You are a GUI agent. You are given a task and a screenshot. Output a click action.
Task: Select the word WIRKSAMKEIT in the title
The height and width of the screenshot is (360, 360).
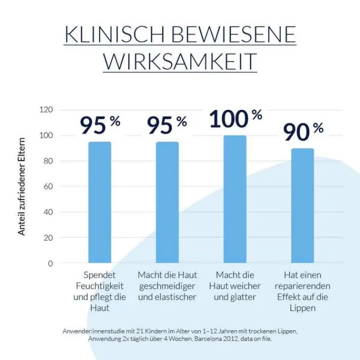[x=180, y=61]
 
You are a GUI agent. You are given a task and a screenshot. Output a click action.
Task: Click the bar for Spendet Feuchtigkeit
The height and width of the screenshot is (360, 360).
[x=100, y=202]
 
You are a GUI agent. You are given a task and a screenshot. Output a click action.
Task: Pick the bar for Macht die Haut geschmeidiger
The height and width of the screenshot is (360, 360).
[x=167, y=202]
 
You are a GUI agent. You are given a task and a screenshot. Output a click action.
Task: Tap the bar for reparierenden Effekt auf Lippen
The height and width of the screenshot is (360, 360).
[x=302, y=205]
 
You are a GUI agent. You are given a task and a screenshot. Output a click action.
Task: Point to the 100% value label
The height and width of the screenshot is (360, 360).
[x=236, y=119]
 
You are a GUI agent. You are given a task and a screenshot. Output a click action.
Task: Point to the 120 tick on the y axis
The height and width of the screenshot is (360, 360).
[x=46, y=110]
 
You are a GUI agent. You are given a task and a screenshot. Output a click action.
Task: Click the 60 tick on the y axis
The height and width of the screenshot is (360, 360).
[x=48, y=187]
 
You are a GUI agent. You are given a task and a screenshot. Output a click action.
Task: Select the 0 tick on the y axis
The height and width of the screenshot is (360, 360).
[x=50, y=263]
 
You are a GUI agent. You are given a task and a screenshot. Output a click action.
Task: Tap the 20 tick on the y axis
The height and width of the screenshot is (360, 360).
[x=48, y=238]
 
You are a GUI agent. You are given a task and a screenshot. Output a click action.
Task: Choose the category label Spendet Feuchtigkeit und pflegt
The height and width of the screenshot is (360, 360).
[x=100, y=291]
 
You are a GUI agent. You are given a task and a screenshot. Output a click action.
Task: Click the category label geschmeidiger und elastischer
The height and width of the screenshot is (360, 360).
[x=167, y=286]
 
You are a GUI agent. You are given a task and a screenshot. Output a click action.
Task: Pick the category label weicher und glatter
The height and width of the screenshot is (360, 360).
[x=235, y=286]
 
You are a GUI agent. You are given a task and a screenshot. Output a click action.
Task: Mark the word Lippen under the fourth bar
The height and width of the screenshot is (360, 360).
[x=302, y=308]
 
